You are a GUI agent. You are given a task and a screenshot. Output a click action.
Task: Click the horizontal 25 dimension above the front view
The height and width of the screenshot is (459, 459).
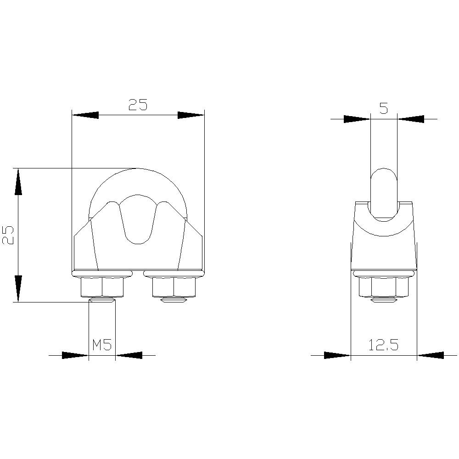pos(137,105)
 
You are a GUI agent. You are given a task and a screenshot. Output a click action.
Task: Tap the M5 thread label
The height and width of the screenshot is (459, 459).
pos(102,345)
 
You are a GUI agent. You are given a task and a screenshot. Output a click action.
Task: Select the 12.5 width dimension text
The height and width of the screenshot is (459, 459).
pos(383,345)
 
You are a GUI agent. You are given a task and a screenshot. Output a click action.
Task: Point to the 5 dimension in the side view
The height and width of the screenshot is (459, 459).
pos(384,109)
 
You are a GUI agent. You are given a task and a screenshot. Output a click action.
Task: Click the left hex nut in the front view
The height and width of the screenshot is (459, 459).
pos(102,288)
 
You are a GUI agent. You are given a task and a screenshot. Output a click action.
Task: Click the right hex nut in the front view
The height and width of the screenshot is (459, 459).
pos(174,288)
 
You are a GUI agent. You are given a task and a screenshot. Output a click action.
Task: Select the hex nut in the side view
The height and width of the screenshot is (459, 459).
pos(383,288)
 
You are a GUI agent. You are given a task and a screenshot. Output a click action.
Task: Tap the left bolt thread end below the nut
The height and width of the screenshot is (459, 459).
pos(102,301)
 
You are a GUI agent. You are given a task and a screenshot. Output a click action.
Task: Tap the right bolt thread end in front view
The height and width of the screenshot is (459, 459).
pos(174,301)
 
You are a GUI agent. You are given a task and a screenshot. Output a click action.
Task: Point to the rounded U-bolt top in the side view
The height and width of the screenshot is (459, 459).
pos(384,177)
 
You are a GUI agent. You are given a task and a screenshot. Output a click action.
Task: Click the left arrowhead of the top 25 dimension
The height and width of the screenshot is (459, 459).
pos(85,115)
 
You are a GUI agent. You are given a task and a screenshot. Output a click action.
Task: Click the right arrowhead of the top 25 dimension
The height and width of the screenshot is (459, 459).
pos(190,115)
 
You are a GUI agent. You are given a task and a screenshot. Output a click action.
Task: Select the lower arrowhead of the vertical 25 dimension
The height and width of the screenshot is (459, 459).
pos(18,288)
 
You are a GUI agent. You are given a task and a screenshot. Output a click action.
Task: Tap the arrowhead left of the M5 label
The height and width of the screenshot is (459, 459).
pos(74,355)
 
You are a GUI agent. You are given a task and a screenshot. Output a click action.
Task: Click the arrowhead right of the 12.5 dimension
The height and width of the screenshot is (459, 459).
pos(431,355)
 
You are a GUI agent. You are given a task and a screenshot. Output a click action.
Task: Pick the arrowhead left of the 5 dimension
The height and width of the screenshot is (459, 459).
pos(357,119)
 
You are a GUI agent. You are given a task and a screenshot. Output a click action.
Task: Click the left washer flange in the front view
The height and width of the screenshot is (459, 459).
pos(102,274)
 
